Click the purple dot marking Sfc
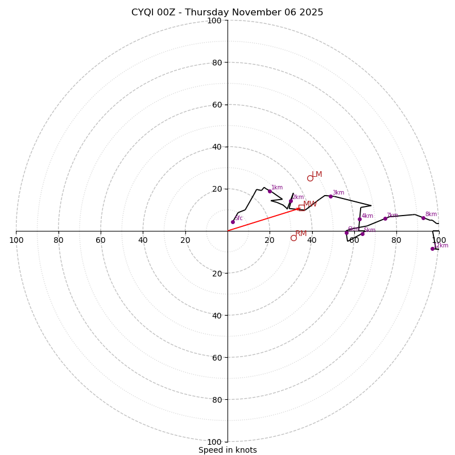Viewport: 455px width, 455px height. pos(233,222)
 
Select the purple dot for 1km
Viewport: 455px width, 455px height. pos(270,191)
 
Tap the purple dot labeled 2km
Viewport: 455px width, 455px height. pos(291,201)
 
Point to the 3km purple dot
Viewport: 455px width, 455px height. pos(330,196)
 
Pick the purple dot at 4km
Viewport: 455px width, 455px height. pos(359,219)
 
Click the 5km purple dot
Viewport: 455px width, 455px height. pos(362,234)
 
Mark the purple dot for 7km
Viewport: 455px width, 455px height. pos(385,218)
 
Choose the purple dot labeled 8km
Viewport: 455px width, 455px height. pos(423,218)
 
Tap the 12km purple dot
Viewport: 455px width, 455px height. pos(432,249)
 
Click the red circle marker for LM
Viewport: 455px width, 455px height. pos(310,178)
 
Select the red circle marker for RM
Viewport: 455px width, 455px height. pos(293,238)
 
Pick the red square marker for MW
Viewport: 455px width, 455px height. pos(301,208)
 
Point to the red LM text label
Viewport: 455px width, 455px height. pos(317,175)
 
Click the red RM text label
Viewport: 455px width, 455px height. pos(301,234)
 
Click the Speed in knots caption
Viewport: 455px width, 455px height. pos(227,450)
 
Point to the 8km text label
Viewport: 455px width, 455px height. pos(431,214)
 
